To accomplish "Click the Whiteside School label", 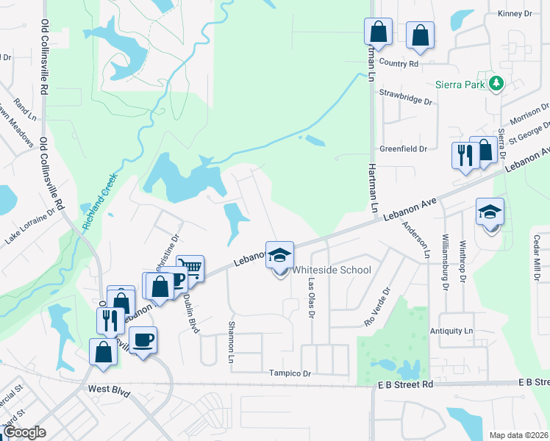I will pyautogui.click(x=332, y=270).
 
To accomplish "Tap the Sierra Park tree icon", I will pyautogui.click(x=497, y=85).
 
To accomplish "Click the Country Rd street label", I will pyautogui.click(x=399, y=64).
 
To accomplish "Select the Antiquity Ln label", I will pyautogui.click(x=456, y=331).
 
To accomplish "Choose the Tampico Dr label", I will pyautogui.click(x=290, y=373).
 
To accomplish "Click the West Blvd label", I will pyautogui.click(x=108, y=390).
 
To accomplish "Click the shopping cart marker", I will pyautogui.click(x=190, y=268).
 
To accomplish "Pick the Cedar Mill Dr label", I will pyautogui.click(x=537, y=257).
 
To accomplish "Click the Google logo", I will pyautogui.click(x=24, y=431).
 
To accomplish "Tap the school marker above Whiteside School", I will pyautogui.click(x=279, y=256).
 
